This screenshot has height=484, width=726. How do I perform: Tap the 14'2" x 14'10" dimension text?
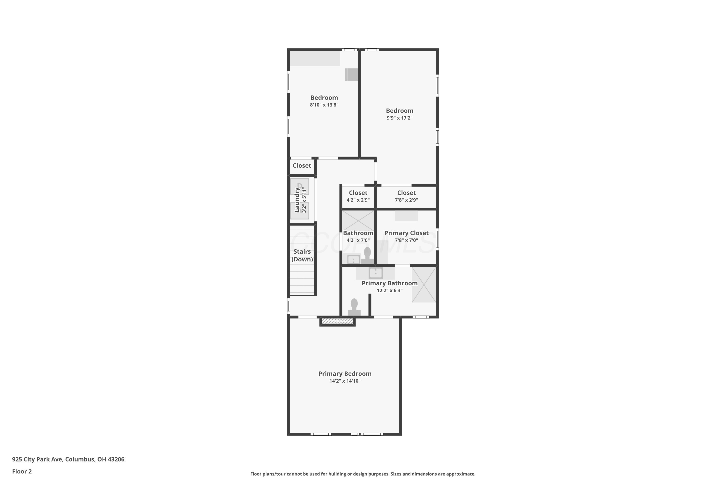click(x=345, y=381)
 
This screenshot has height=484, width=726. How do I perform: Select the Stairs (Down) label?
click(x=302, y=255)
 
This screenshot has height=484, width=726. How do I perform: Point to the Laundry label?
click(x=297, y=200)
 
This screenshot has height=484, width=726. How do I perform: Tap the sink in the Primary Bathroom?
click(x=376, y=273)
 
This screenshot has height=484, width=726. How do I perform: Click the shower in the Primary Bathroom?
click(x=424, y=285)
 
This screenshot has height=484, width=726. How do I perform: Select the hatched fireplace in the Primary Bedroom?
click(x=337, y=321)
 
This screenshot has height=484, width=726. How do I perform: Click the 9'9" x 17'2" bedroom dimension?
click(x=400, y=118)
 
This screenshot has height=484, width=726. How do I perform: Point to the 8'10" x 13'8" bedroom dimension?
click(x=324, y=105)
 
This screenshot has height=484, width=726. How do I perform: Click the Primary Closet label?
click(x=406, y=233)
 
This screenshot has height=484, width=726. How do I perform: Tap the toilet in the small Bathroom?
click(x=367, y=255)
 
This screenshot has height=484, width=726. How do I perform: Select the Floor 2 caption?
click(x=22, y=471)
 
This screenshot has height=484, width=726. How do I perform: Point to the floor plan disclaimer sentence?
click(x=363, y=474)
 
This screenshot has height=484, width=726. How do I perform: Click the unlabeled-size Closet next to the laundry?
click(x=302, y=166)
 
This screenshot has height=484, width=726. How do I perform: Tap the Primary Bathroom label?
click(x=390, y=283)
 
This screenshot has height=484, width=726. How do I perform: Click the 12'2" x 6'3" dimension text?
click(x=390, y=290)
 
